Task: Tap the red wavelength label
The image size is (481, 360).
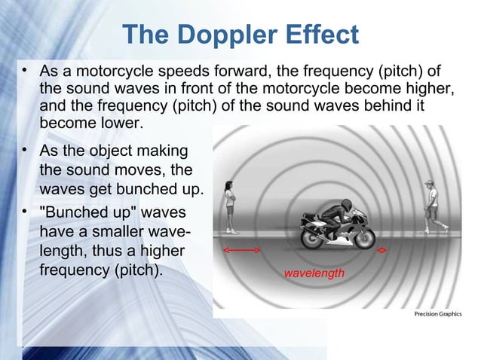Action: click(314, 273)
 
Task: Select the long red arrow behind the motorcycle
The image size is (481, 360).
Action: click(241, 249)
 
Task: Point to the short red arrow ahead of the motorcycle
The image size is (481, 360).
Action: click(383, 249)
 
